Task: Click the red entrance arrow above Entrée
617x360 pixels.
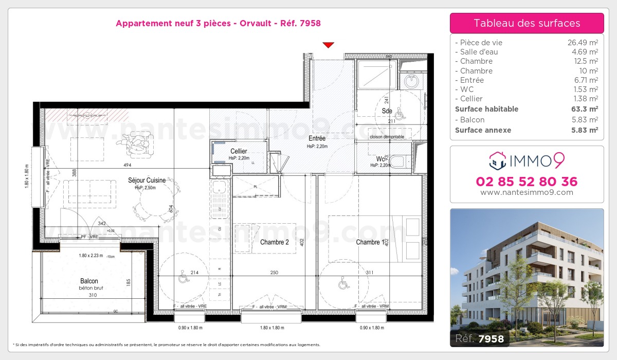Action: pos(329,45)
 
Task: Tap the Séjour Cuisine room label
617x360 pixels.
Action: pos(147,180)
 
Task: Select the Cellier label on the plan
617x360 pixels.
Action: pos(239,151)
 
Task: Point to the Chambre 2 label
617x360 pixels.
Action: pos(275,242)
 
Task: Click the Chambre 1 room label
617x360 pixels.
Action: pos(368,242)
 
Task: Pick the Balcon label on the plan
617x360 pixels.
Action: pos(89,281)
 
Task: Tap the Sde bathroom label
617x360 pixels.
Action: pos(387,111)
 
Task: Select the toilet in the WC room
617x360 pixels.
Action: pos(398,162)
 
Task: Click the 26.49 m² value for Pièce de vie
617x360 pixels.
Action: pos(582,43)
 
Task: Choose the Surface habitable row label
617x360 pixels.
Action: pos(486,109)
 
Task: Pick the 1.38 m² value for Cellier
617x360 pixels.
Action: pos(584,99)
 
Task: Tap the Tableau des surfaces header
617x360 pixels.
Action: pos(527,23)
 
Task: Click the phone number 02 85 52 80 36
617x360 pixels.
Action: pos(527,182)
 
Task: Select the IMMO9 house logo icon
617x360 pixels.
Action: pos(497,160)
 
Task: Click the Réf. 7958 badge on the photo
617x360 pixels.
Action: pos(479,338)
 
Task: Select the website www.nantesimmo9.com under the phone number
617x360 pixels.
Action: pos(527,192)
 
